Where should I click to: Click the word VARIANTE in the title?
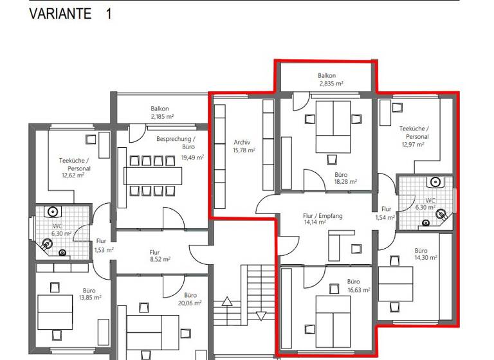[60, 14]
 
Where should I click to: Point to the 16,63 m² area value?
[359, 290]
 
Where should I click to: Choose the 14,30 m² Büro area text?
[425, 258]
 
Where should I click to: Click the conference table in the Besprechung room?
[153, 174]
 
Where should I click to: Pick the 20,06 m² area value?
[189, 303]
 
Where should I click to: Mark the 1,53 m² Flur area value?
[104, 249]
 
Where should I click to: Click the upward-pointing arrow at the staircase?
[226, 300]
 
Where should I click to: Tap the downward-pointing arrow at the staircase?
[261, 316]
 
